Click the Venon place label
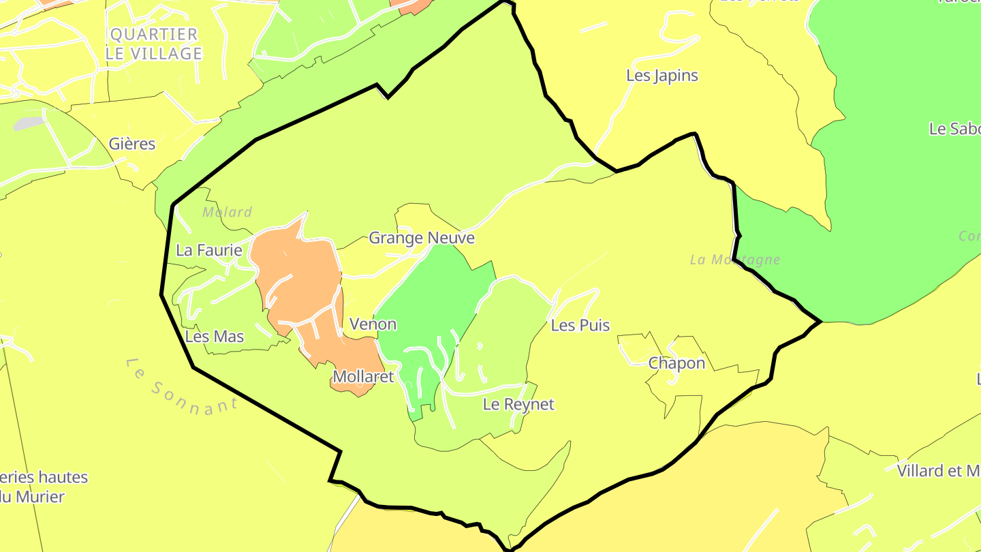pyautogui.click(x=373, y=324)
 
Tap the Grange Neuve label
pyautogui.click(x=421, y=239)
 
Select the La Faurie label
pyautogui.click(x=208, y=251)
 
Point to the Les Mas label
pyautogui.click(x=214, y=337)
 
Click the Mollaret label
pyautogui.click(x=363, y=377)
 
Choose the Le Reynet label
pyautogui.click(x=518, y=405)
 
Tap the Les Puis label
pyautogui.click(x=580, y=326)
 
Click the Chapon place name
pyautogui.click(x=676, y=363)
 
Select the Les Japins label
pyautogui.click(x=662, y=76)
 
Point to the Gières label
pyautogui.click(x=132, y=144)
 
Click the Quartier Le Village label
pyautogui.click(x=154, y=44)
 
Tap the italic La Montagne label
pyautogui.click(x=734, y=260)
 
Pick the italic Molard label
pyautogui.click(x=228, y=213)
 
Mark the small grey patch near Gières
pyautogui.click(x=28, y=124)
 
